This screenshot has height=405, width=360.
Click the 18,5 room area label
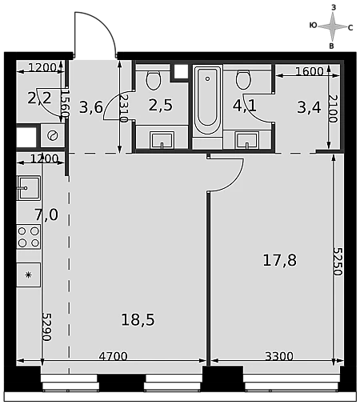pos(138,319)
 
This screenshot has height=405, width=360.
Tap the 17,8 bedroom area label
pos(279,260)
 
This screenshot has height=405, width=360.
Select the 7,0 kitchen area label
pos(46,215)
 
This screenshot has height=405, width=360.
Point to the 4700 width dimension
pos(113,356)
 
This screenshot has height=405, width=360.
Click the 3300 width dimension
pos(279,356)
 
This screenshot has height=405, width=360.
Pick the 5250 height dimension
pos(338,262)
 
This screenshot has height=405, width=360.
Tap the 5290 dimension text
pos(46,327)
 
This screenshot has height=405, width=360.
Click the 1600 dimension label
pos(310,71)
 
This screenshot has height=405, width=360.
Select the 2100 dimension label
pos(333,109)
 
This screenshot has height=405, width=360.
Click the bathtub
pos(207,101)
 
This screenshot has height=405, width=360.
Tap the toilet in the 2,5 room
pos(154,79)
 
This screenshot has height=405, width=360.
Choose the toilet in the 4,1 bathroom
pos(243,79)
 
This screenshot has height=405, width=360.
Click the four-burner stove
pos(28,237)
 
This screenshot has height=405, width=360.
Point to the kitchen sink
pos(29,188)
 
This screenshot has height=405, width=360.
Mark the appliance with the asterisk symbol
pos(28,275)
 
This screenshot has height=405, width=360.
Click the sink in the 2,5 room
pos(162,140)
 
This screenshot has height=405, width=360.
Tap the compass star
pos(332,26)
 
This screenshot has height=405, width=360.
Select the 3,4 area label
pos(309,107)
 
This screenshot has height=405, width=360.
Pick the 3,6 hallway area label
pos(91,107)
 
